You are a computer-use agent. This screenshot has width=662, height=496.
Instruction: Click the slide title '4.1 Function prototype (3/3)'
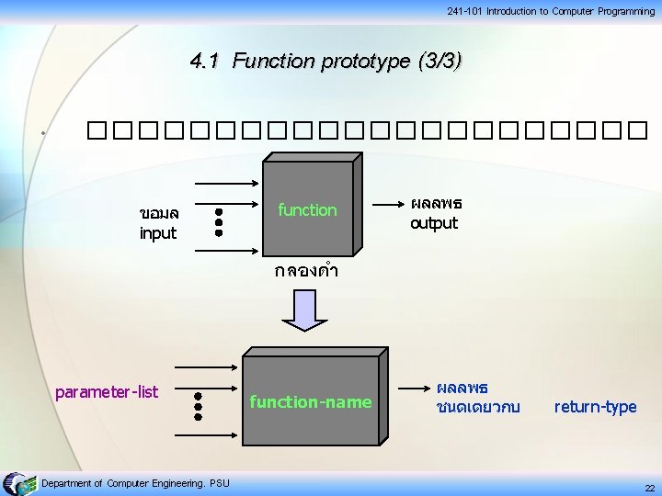[x=325, y=62]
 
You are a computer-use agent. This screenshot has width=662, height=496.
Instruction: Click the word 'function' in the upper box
[x=307, y=210]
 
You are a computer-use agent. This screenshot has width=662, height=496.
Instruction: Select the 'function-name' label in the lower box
[x=311, y=401]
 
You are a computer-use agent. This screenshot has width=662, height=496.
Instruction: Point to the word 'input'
[x=157, y=233]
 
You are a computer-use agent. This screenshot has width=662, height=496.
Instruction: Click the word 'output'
[x=433, y=223]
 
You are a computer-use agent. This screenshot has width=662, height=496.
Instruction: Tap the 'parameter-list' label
[x=107, y=392]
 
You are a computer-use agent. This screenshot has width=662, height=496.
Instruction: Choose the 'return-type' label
[x=595, y=407]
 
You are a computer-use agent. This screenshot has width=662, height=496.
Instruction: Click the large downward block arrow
[x=304, y=308]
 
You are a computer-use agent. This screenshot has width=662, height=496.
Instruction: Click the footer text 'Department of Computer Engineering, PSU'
[x=136, y=483]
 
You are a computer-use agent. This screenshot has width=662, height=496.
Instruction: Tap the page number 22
[x=649, y=488]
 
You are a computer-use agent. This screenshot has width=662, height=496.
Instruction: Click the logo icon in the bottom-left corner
[x=19, y=484]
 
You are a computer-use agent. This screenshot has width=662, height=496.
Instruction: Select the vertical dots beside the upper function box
[x=219, y=221]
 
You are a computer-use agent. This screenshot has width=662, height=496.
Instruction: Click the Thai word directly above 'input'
[x=158, y=214]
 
